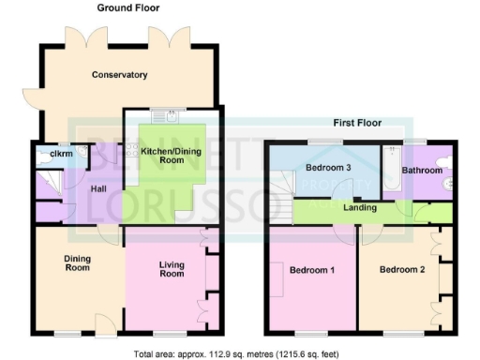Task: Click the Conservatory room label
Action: click(x=121, y=75)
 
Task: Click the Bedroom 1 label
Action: click(x=310, y=271)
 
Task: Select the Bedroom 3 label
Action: click(x=327, y=167)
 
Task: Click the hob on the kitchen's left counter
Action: click(x=132, y=150)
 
